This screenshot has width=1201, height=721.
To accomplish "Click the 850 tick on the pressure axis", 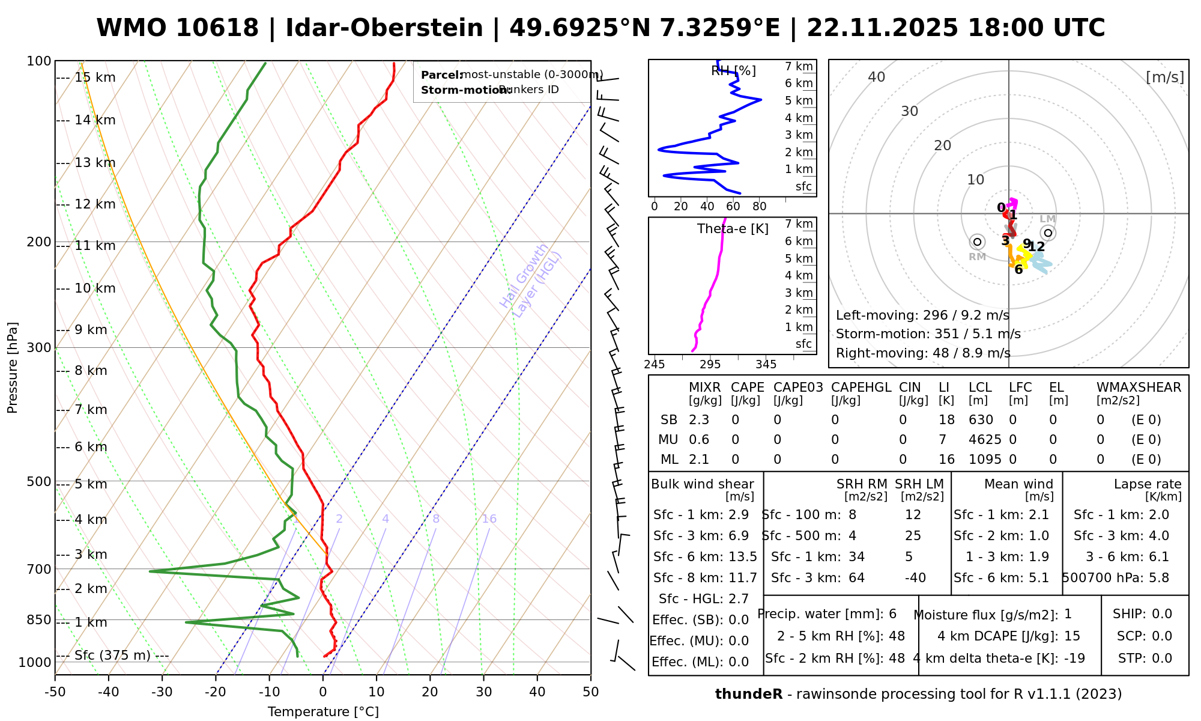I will pos(39,619).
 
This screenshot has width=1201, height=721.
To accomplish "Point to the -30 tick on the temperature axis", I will pos(162,692).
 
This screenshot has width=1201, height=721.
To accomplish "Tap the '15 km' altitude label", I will pos(95,78).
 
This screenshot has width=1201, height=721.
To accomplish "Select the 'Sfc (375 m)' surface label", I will pos(112,655).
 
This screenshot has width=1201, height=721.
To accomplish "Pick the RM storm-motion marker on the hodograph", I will pos(977,242).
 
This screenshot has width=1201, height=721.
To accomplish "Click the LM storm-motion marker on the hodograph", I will pos(1048,233).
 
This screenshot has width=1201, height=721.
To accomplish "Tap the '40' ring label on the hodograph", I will pos(877,77).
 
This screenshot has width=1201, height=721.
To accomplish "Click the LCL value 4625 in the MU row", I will pos(985,440).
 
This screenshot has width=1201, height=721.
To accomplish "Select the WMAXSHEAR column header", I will pos(1139,388).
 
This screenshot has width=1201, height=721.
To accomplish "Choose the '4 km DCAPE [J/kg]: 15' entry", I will pos(1009,636).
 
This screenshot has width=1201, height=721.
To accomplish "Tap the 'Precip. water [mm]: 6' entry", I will pos(827,614).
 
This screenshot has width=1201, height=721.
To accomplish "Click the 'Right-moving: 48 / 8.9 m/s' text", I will pos(923,353).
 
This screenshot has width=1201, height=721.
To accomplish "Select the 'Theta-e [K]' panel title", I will pos(733,229).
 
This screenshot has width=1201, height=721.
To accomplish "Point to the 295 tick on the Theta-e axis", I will pos(710,365).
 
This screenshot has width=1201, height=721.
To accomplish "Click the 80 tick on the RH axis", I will pos(760,207).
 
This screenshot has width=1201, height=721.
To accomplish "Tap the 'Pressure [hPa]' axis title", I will pos(13,368).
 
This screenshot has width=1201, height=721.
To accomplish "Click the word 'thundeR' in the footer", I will pos(749,695).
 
